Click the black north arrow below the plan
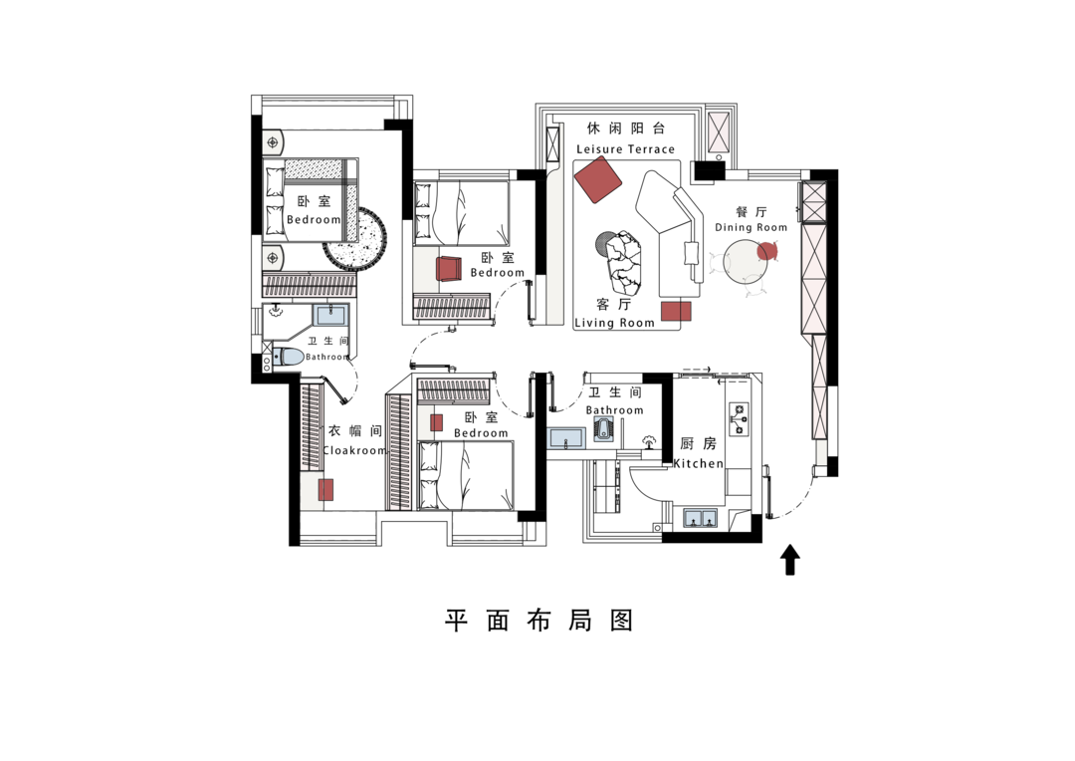pos(789,559)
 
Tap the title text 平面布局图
pos(538,621)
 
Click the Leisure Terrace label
pos(625,148)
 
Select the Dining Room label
pos(751,227)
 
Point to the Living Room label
pos(614,323)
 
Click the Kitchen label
pos(699,463)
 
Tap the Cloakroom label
pos(354,450)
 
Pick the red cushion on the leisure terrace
pos(598,179)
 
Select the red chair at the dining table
pos(767,251)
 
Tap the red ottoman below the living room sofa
pos(676,311)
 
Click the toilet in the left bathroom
pos(288,357)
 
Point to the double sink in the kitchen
pos(700,518)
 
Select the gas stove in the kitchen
pos(739,418)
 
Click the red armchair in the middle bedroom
pos(448,268)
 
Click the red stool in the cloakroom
pos(325,490)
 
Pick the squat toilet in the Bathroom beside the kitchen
pos(603,431)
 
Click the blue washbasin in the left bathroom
pos(330,315)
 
